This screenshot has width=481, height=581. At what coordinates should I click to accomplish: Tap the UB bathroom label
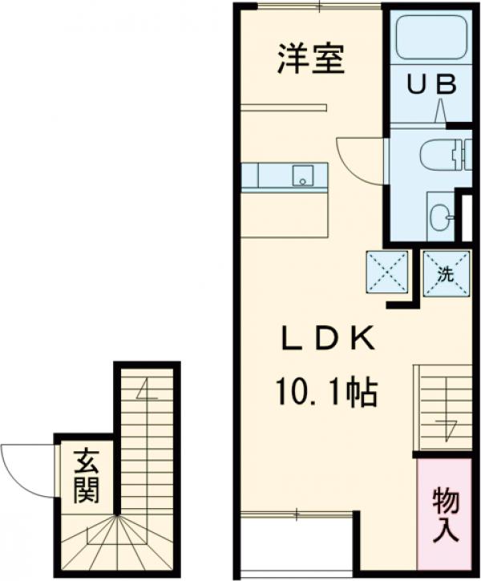click(434, 83)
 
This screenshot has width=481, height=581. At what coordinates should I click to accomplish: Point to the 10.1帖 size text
click(327, 393)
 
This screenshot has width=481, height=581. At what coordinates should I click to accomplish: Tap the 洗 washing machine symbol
click(446, 273)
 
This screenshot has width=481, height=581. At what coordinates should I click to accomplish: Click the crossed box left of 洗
click(388, 273)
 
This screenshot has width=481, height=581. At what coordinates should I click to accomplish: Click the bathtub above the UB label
click(430, 36)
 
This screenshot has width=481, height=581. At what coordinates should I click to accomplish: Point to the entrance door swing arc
click(24, 470)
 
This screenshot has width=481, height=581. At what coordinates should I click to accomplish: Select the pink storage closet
click(444, 513)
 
